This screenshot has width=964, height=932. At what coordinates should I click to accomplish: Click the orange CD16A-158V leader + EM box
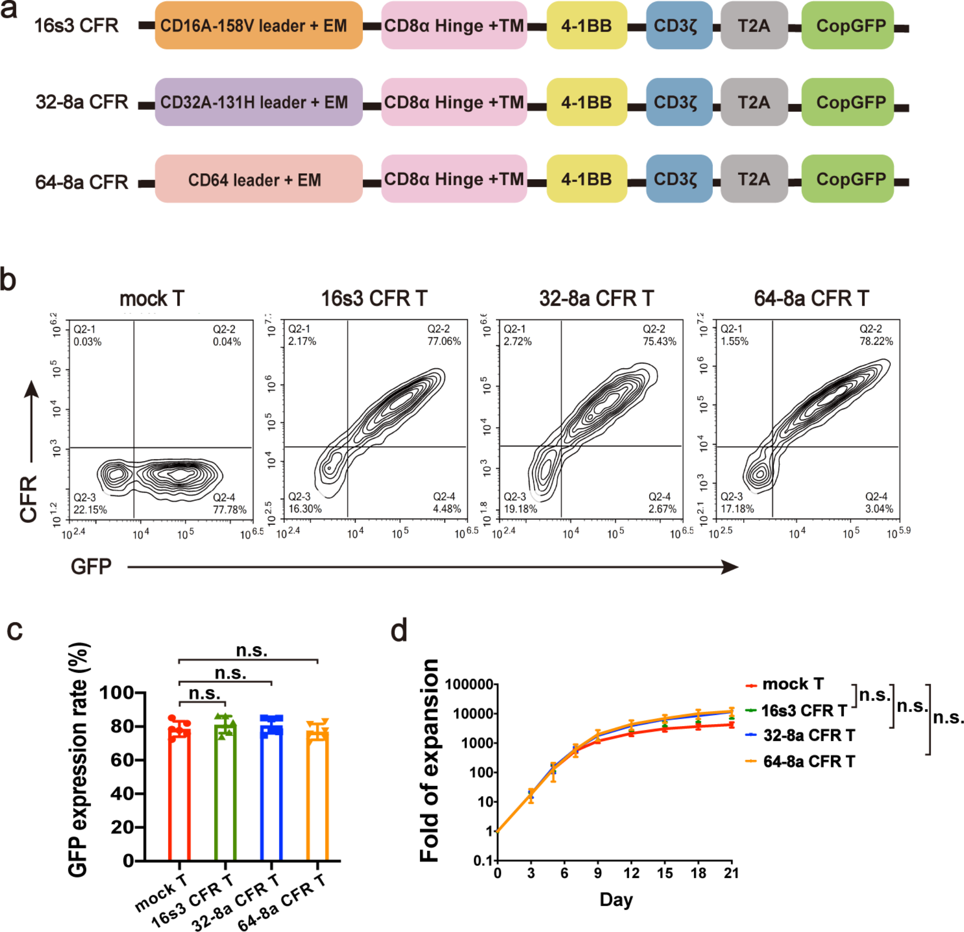[x=258, y=25]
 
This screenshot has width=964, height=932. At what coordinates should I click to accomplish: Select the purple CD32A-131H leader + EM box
[x=258, y=102]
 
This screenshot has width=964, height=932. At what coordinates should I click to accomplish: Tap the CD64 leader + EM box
[x=258, y=180]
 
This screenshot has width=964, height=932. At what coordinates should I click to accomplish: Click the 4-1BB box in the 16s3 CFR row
[x=586, y=25]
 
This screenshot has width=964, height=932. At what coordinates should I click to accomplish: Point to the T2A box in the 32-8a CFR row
[x=754, y=102]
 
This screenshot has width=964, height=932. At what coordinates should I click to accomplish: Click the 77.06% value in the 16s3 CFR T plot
[x=444, y=341]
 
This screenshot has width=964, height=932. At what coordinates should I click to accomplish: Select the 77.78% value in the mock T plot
[x=229, y=509]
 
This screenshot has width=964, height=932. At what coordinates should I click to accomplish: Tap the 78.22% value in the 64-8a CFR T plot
[x=876, y=341]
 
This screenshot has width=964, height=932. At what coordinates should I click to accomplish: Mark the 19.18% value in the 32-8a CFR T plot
[x=520, y=509]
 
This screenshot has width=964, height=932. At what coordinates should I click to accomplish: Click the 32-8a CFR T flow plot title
[x=596, y=299]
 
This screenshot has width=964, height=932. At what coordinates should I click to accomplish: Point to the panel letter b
[x=8, y=280]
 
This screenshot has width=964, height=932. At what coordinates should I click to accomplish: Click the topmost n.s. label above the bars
[x=252, y=651]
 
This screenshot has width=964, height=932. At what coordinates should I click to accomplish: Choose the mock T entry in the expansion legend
[x=792, y=684]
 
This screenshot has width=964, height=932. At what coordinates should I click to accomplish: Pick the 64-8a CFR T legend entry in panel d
[x=808, y=762]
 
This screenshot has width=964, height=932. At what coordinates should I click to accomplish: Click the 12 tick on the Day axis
[x=631, y=873]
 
